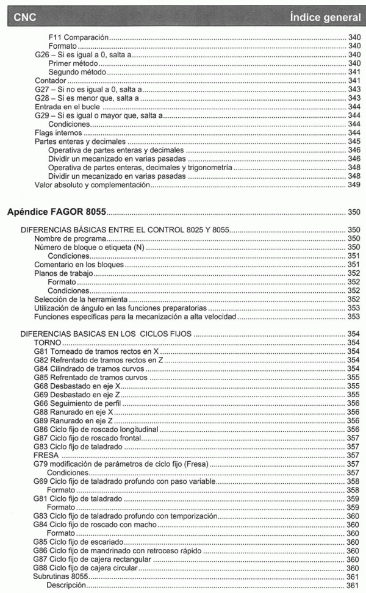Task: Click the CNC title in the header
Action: tap(23, 13)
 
